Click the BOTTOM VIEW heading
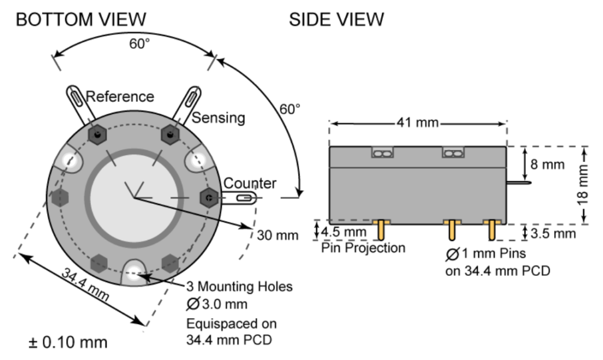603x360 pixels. coord(81,19)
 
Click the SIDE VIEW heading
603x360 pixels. coord(336,19)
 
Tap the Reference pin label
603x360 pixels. coord(120,97)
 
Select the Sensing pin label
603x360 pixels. coord(219,118)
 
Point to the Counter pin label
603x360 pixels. coord(250,183)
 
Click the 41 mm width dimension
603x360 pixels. coord(418,123)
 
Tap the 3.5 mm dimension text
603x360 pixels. coord(554,233)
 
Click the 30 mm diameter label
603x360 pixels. coord(274,234)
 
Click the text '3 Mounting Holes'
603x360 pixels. coord(240,287)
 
